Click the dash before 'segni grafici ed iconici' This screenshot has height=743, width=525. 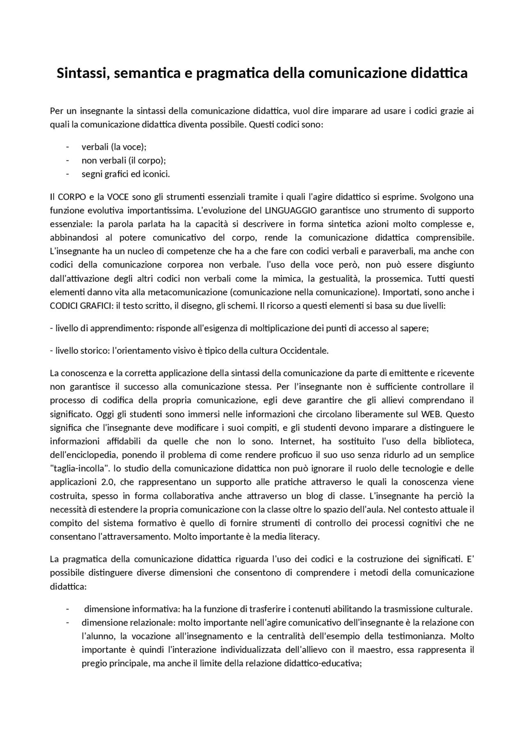tap(67, 174)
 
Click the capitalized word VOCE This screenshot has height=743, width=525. tap(118, 197)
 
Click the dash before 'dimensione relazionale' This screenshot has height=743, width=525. tap(67, 623)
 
